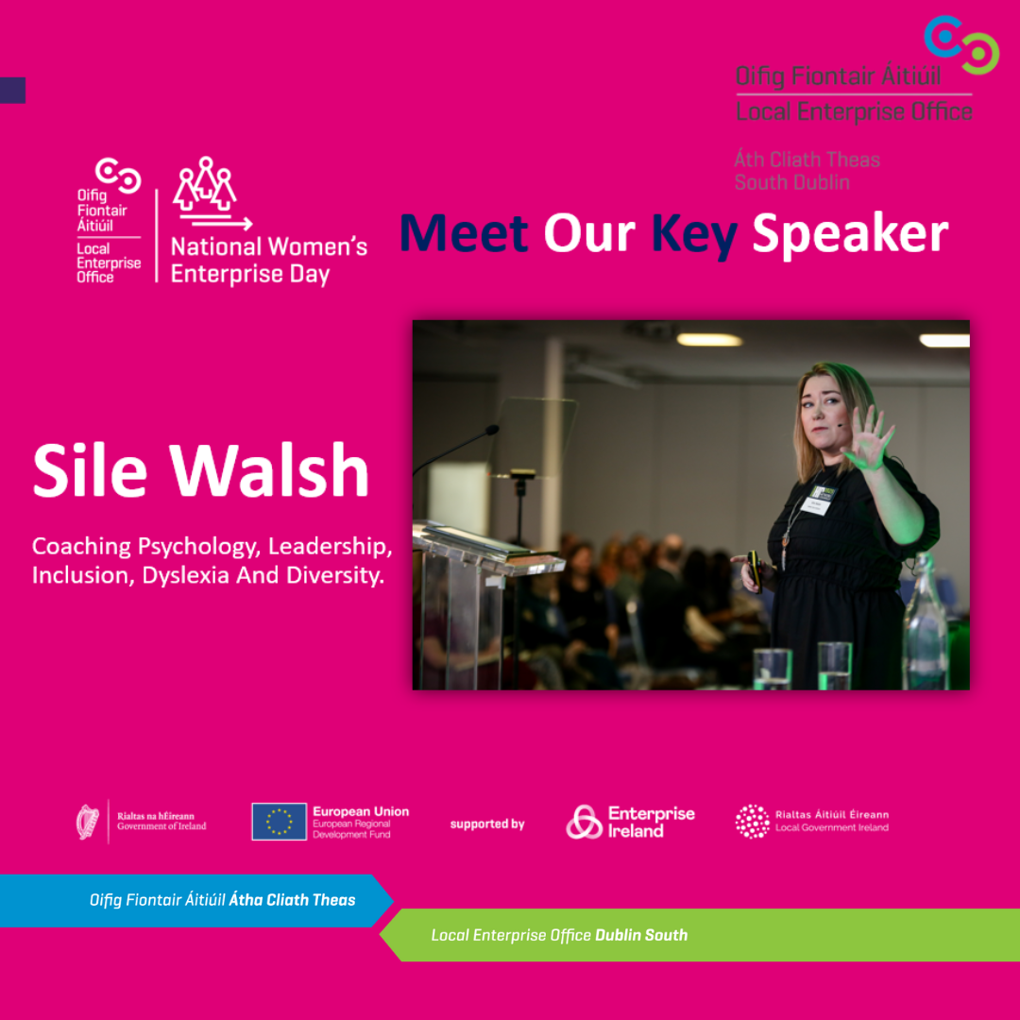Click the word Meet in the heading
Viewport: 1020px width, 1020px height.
point(463,233)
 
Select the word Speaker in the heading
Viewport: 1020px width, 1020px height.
point(850,234)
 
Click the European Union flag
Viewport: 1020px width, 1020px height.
point(279,822)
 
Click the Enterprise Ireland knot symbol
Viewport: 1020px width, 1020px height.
point(584,822)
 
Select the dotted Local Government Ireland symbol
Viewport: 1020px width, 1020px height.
point(752,822)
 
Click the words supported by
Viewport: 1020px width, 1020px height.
point(487,824)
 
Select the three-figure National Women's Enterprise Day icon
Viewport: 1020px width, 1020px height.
point(205,184)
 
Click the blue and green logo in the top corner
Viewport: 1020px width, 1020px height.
point(960,44)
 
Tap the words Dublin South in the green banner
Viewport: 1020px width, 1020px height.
point(641,935)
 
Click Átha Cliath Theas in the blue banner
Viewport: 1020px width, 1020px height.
point(292,900)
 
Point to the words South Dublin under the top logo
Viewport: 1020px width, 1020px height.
point(792,182)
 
